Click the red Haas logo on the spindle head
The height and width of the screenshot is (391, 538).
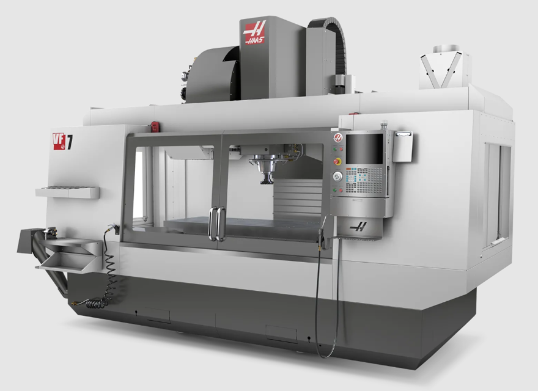point(254,32)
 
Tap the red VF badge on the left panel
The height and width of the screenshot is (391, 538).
point(59,141)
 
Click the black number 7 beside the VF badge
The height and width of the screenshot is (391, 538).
point(69,142)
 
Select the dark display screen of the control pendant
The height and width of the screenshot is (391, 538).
point(364,149)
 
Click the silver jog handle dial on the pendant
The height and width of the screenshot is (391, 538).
point(337,177)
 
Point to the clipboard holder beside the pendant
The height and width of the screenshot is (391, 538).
point(402,147)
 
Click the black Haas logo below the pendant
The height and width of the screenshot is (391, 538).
point(358,227)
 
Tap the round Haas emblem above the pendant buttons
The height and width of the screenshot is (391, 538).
point(338,138)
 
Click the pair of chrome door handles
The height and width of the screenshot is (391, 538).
point(217,224)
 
